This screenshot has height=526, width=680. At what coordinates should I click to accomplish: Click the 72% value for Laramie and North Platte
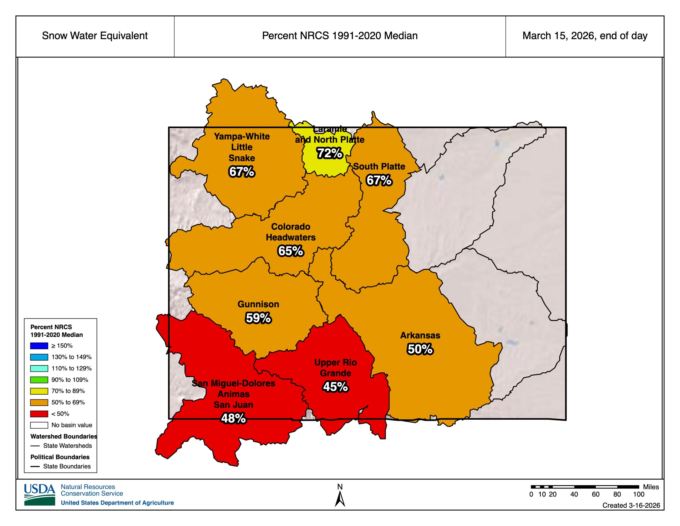[x=330, y=153]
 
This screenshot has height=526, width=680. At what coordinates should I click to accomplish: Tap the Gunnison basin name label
[x=258, y=304]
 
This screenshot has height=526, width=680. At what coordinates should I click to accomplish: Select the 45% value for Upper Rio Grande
[x=335, y=387]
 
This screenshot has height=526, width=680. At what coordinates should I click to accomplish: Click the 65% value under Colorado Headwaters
[x=290, y=251]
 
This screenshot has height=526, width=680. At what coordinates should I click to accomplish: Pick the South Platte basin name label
[x=379, y=166]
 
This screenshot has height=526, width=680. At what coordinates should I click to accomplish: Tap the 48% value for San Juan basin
[x=233, y=418]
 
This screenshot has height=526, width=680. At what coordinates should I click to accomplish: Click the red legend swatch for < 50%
[x=39, y=414]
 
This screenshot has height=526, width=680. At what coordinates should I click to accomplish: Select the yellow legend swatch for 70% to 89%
[x=39, y=391]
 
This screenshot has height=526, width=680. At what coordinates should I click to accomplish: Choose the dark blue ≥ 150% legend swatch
[x=39, y=345]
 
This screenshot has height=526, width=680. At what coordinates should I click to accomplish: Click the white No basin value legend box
[x=39, y=425]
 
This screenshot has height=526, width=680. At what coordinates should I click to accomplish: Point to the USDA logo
[x=40, y=495]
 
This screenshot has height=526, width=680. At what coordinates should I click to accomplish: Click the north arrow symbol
[x=340, y=499]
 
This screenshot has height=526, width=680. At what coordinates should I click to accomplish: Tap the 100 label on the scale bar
[x=639, y=494]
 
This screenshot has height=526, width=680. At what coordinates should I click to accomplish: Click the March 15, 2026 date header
[x=585, y=36]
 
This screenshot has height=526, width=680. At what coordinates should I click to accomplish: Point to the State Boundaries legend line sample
[x=35, y=466]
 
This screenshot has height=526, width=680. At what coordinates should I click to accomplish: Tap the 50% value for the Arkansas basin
[x=420, y=349]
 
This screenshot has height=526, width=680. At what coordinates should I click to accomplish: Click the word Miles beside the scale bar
[x=651, y=487]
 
